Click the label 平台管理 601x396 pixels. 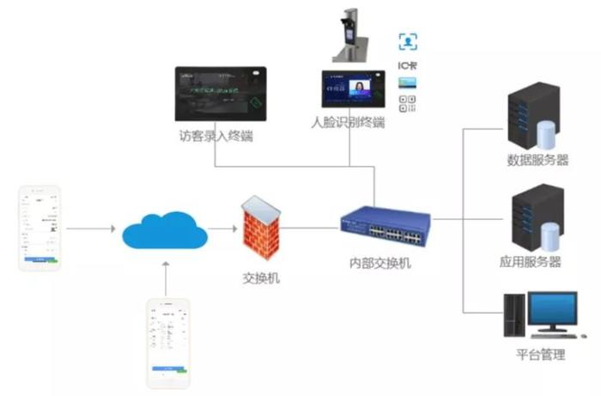tap(540, 354)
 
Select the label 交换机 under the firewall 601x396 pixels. tap(261, 277)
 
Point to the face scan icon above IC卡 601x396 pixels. tap(408, 41)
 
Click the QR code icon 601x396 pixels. tap(408, 104)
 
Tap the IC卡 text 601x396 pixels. tap(408, 64)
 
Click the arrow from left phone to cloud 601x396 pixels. tap(90, 229)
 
